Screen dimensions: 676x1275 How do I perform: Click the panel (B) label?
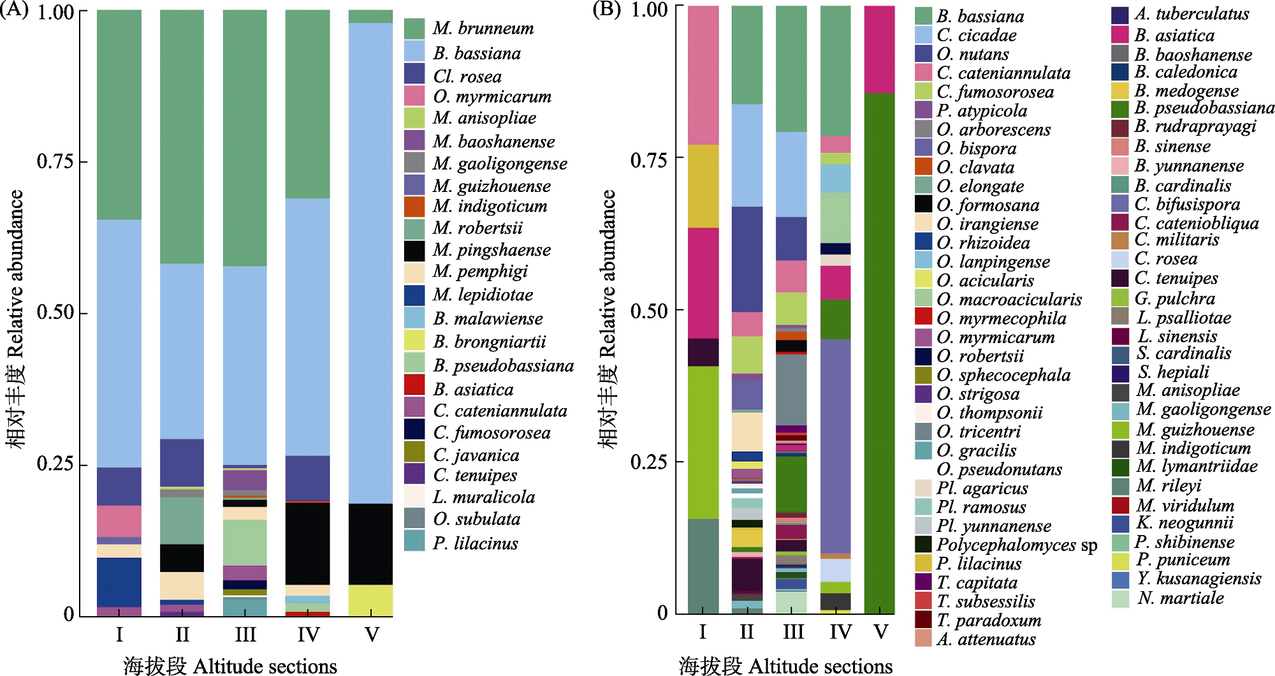tap(607, 10)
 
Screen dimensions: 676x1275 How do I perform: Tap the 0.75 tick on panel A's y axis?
tap(55, 161)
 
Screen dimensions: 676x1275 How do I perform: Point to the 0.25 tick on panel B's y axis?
tap(649, 462)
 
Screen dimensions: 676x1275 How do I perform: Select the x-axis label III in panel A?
tap(245, 635)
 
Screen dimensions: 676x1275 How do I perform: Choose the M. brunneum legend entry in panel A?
tap(483, 29)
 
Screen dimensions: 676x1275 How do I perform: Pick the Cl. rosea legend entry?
tap(467, 77)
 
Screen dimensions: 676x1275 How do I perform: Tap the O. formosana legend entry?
tap(987, 205)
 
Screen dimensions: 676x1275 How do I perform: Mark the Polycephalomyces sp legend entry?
tap(1017, 545)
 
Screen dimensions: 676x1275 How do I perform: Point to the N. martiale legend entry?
tap(1180, 599)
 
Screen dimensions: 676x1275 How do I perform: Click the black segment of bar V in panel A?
tap(371, 544)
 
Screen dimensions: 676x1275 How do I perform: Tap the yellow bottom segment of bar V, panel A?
tap(371, 600)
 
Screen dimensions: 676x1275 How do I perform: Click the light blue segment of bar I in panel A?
tap(119, 344)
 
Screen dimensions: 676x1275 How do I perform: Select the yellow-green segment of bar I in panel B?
tap(703, 443)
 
